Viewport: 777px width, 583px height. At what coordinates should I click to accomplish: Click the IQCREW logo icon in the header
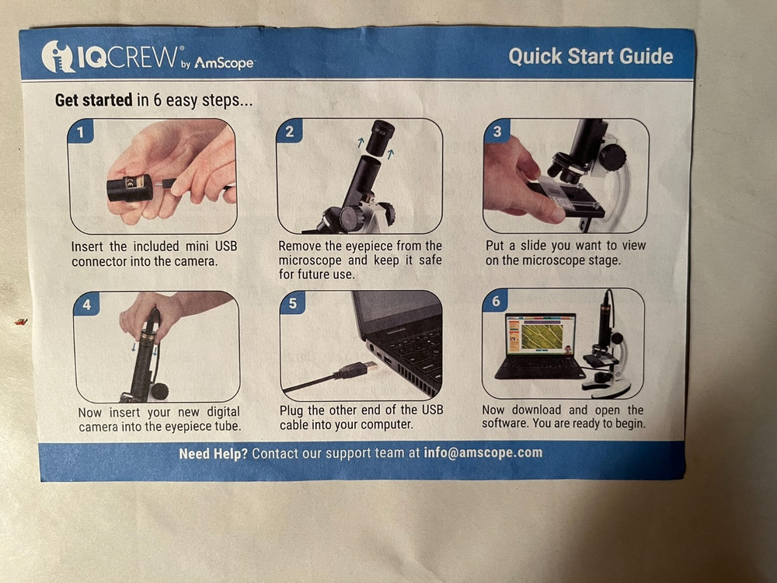(x=59, y=57)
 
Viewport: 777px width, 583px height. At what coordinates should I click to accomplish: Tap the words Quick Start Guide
(x=591, y=56)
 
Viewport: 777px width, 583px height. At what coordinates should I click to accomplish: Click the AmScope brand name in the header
(x=224, y=63)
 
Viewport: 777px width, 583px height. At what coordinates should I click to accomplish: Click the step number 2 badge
(x=289, y=131)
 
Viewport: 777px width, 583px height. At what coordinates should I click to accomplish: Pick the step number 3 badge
(x=497, y=131)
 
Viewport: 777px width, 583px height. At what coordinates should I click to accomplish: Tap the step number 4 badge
(x=86, y=305)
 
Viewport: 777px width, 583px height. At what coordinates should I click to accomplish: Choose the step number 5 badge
(x=292, y=303)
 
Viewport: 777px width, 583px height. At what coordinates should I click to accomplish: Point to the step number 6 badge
(x=496, y=301)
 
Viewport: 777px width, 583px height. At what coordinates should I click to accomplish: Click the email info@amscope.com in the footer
(x=483, y=452)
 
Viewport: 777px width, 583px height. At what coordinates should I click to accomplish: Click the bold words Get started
(x=93, y=100)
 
